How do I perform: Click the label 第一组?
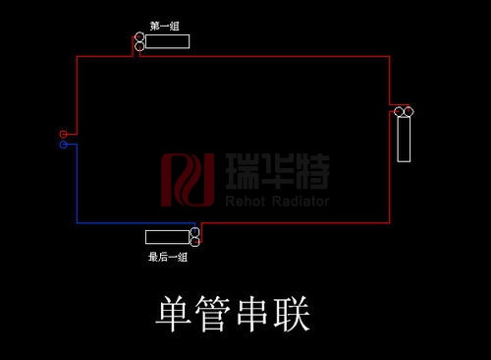tap(164, 26)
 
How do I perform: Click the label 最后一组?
tap(167, 258)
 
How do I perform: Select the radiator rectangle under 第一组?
tap(167, 41)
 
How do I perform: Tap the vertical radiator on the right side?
tap(404, 141)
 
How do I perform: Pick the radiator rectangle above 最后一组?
tap(168, 236)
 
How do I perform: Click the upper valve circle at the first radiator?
tap(139, 36)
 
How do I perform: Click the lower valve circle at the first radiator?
tap(139, 46)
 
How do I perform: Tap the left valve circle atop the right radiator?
tap(399, 114)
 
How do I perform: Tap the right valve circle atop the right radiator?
tap(409, 114)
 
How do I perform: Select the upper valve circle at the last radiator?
tap(195, 231)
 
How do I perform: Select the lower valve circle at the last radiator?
tap(195, 241)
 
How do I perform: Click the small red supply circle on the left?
tap(63, 134)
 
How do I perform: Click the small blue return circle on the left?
tap(63, 145)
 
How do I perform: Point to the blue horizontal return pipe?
tap(128, 223)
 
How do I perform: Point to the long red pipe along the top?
tap(265, 56)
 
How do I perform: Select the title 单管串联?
tap(233, 315)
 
